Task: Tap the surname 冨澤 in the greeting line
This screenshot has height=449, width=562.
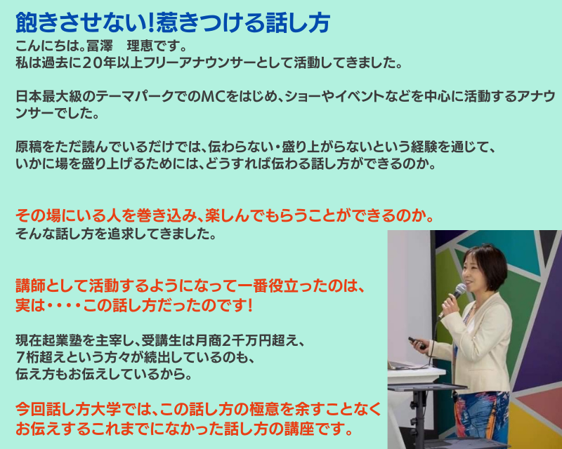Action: coord(99,46)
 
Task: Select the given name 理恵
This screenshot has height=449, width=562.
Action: coord(140,46)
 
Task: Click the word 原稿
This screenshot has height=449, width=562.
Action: coord(29,147)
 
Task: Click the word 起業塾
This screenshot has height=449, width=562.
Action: coord(48,340)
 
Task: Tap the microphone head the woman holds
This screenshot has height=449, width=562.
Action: coord(461,289)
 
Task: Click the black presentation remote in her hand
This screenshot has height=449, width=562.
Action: coord(417,343)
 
